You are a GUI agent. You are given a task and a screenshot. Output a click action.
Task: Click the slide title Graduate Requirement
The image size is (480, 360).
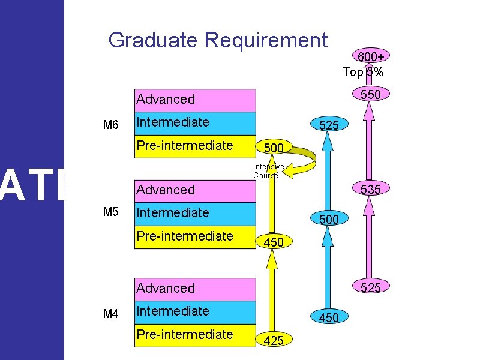218,41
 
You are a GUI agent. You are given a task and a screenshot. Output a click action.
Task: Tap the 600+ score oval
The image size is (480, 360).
371,56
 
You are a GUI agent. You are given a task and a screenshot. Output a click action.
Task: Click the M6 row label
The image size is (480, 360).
111,125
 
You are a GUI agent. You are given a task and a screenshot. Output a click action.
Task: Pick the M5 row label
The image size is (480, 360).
111,212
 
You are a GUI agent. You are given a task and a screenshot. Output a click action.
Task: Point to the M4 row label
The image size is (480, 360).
111,313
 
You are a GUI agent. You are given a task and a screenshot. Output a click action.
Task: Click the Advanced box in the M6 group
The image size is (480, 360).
195,100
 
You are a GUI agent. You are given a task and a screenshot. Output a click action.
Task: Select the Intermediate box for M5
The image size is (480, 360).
195,213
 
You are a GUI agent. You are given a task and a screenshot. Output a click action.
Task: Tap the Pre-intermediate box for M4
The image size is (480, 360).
195,334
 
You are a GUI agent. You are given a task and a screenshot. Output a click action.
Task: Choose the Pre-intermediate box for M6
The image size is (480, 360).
195,146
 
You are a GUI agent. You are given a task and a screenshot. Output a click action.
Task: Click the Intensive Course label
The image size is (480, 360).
265,171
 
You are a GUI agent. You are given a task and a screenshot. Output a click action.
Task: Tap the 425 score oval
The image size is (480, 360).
273,341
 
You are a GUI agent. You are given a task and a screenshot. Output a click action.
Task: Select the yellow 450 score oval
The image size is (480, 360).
273,242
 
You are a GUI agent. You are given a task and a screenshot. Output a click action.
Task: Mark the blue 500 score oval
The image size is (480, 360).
328,220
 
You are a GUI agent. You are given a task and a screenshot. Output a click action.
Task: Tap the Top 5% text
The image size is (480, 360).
363,73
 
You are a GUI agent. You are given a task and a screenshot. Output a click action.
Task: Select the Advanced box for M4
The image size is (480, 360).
195,288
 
